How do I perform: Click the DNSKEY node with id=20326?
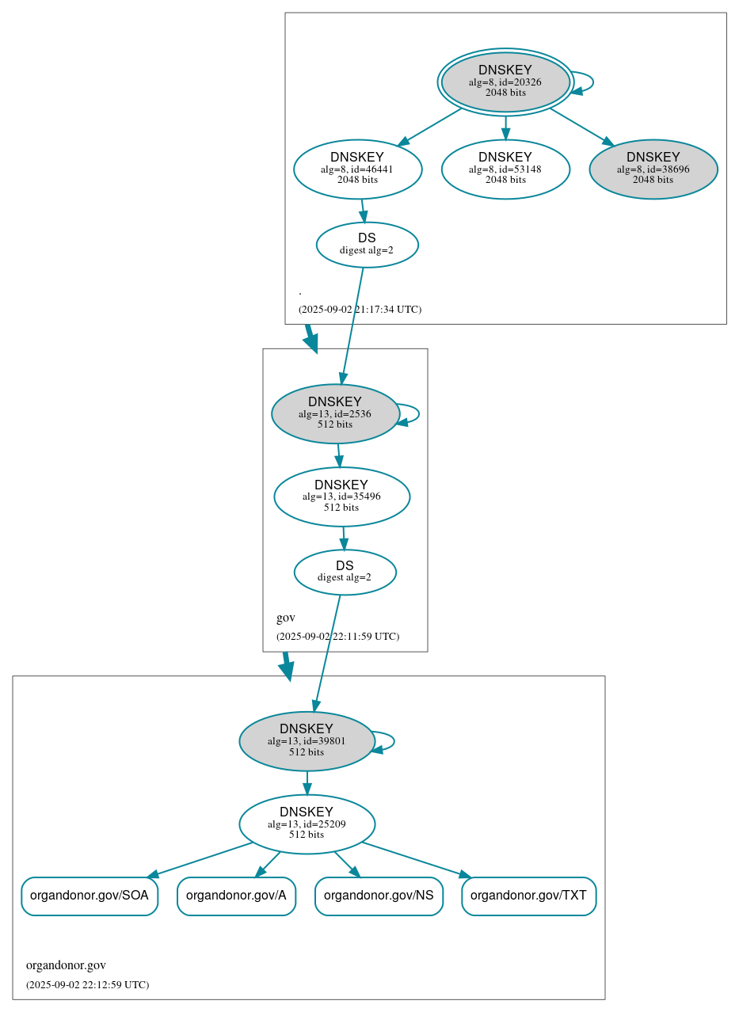pos(505,82)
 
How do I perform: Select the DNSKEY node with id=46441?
pos(357,169)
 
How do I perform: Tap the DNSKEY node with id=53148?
pos(505,169)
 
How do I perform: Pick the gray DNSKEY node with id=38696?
pos(653,169)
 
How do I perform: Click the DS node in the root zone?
pos(367,245)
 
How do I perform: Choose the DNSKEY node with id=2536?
pos(335,413)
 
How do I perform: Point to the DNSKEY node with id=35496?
pos(341,496)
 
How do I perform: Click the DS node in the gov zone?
pos(345,572)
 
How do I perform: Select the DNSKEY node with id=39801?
pos(307,741)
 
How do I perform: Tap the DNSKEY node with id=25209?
pos(307,824)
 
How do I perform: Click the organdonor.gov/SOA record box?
pos(90,896)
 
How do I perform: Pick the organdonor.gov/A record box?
pos(236,896)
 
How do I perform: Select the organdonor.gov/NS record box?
pos(379,896)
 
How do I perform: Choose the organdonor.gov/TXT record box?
pos(528,896)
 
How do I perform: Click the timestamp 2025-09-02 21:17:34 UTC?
pos(360,310)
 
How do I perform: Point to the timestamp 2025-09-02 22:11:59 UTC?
pos(337,637)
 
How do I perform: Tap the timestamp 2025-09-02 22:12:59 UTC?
pos(87,985)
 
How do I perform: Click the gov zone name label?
pos(285,618)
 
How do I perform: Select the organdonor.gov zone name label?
pos(66,965)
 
